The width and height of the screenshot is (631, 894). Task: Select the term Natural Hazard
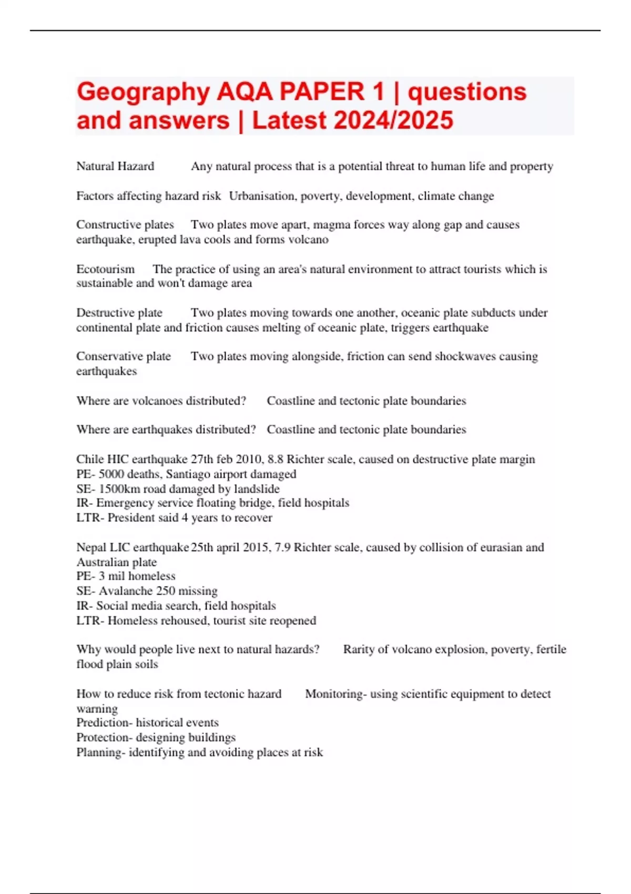click(115, 166)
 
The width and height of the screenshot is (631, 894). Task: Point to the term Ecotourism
click(105, 269)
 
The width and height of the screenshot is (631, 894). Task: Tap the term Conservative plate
click(124, 357)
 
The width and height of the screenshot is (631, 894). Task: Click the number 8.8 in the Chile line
click(275, 459)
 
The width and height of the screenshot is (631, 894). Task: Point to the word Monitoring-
click(335, 694)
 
